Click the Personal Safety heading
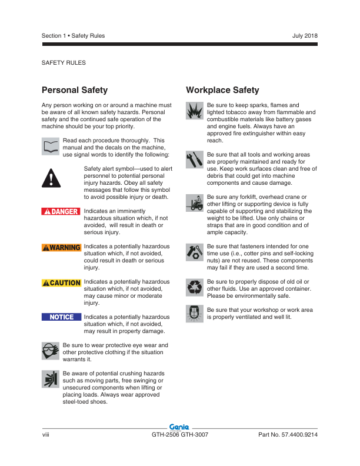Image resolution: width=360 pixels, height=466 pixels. (x=75, y=90)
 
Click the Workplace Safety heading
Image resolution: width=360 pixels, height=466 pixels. (x=222, y=90)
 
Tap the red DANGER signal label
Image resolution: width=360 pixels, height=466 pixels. (x=61, y=211)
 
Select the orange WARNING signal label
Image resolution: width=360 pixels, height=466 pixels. (x=61, y=247)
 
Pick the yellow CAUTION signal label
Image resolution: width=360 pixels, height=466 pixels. (x=61, y=283)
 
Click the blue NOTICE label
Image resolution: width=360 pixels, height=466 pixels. (x=61, y=317)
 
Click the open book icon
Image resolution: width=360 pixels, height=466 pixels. (x=51, y=146)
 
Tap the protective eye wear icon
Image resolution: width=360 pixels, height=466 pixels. (x=51, y=351)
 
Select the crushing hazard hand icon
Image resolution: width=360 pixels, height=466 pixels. (x=51, y=380)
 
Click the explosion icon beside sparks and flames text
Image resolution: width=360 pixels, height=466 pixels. (x=195, y=110)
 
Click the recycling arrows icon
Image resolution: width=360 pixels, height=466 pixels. (x=195, y=287)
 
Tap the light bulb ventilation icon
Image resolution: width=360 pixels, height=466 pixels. (x=195, y=313)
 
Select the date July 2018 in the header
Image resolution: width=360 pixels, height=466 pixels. (x=304, y=36)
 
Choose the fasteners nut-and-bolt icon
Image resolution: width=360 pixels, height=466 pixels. (x=195, y=251)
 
